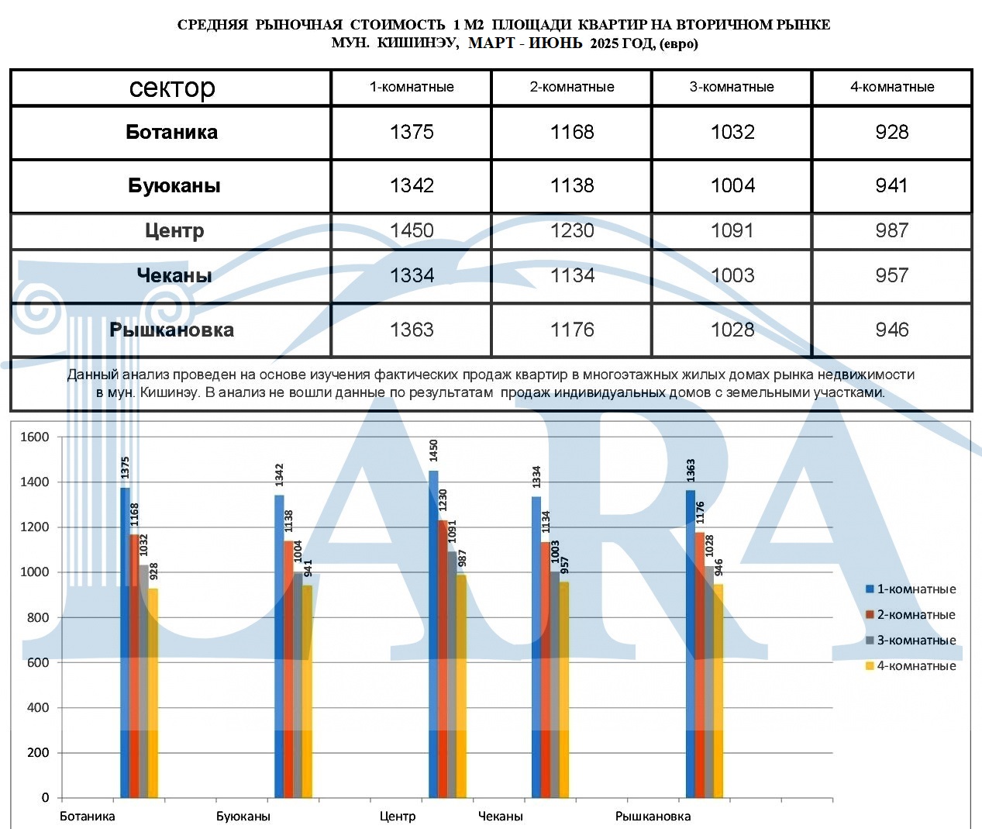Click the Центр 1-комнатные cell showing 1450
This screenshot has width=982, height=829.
coord(412,230)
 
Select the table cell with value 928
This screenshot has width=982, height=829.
coord(891,132)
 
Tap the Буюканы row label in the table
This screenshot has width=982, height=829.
coord(174,186)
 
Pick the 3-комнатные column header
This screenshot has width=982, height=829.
coord(732,87)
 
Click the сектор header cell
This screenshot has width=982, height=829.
coord(172,88)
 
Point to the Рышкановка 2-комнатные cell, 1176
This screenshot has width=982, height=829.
coord(572,330)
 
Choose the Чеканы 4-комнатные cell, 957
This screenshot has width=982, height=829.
coord(891,275)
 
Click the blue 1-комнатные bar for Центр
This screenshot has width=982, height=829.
coord(433,636)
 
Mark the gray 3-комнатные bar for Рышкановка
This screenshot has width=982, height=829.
coord(709,682)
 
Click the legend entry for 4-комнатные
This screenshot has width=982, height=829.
coord(911,666)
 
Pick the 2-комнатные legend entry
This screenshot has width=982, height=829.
coord(911,615)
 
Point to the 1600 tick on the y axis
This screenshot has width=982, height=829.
coord(35,437)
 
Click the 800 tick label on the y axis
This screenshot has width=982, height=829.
coord(38,617)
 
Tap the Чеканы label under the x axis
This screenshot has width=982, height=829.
coord(500,816)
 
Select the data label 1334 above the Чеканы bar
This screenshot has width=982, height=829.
coord(536,477)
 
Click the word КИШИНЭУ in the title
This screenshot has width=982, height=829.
coord(417,43)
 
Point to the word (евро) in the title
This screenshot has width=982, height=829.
coord(678,43)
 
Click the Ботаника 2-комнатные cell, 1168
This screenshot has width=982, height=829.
coord(572,132)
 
